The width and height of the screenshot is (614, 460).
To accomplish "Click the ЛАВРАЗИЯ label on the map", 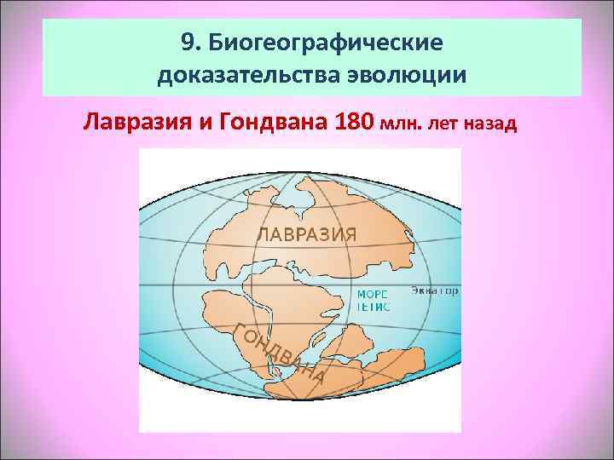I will tap(306, 232).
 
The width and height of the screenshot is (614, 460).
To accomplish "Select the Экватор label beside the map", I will tap(436, 291).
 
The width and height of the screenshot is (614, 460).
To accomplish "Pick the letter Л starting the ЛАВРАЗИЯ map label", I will tap(264, 232).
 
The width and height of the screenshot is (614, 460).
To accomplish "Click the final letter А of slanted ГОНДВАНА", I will tap(317, 375).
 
